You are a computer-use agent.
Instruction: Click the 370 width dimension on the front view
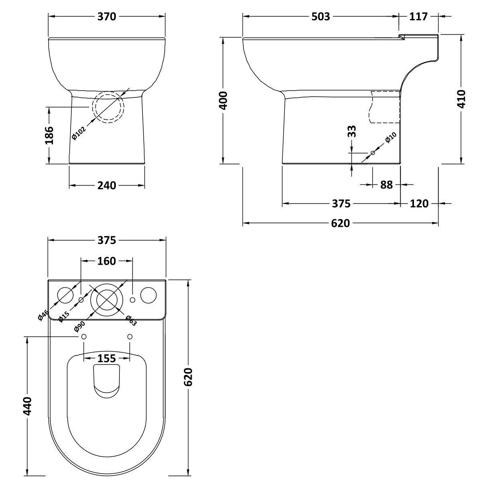coord(107,17)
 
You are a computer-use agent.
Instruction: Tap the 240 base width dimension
coord(107,185)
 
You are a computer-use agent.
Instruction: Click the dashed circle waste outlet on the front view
coord(108,108)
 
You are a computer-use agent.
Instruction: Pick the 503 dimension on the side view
coord(321,17)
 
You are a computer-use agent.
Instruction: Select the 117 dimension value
coord(418,17)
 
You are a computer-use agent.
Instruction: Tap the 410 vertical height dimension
coord(461,98)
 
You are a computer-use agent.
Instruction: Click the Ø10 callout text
coord(390,138)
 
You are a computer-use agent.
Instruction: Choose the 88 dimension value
coord(386,185)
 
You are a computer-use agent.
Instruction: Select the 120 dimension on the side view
coord(419,204)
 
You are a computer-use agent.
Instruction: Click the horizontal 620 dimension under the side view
coord(340,223)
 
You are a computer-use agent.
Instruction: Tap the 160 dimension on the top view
coord(107,261)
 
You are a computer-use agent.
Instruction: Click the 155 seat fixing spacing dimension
coord(107,358)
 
